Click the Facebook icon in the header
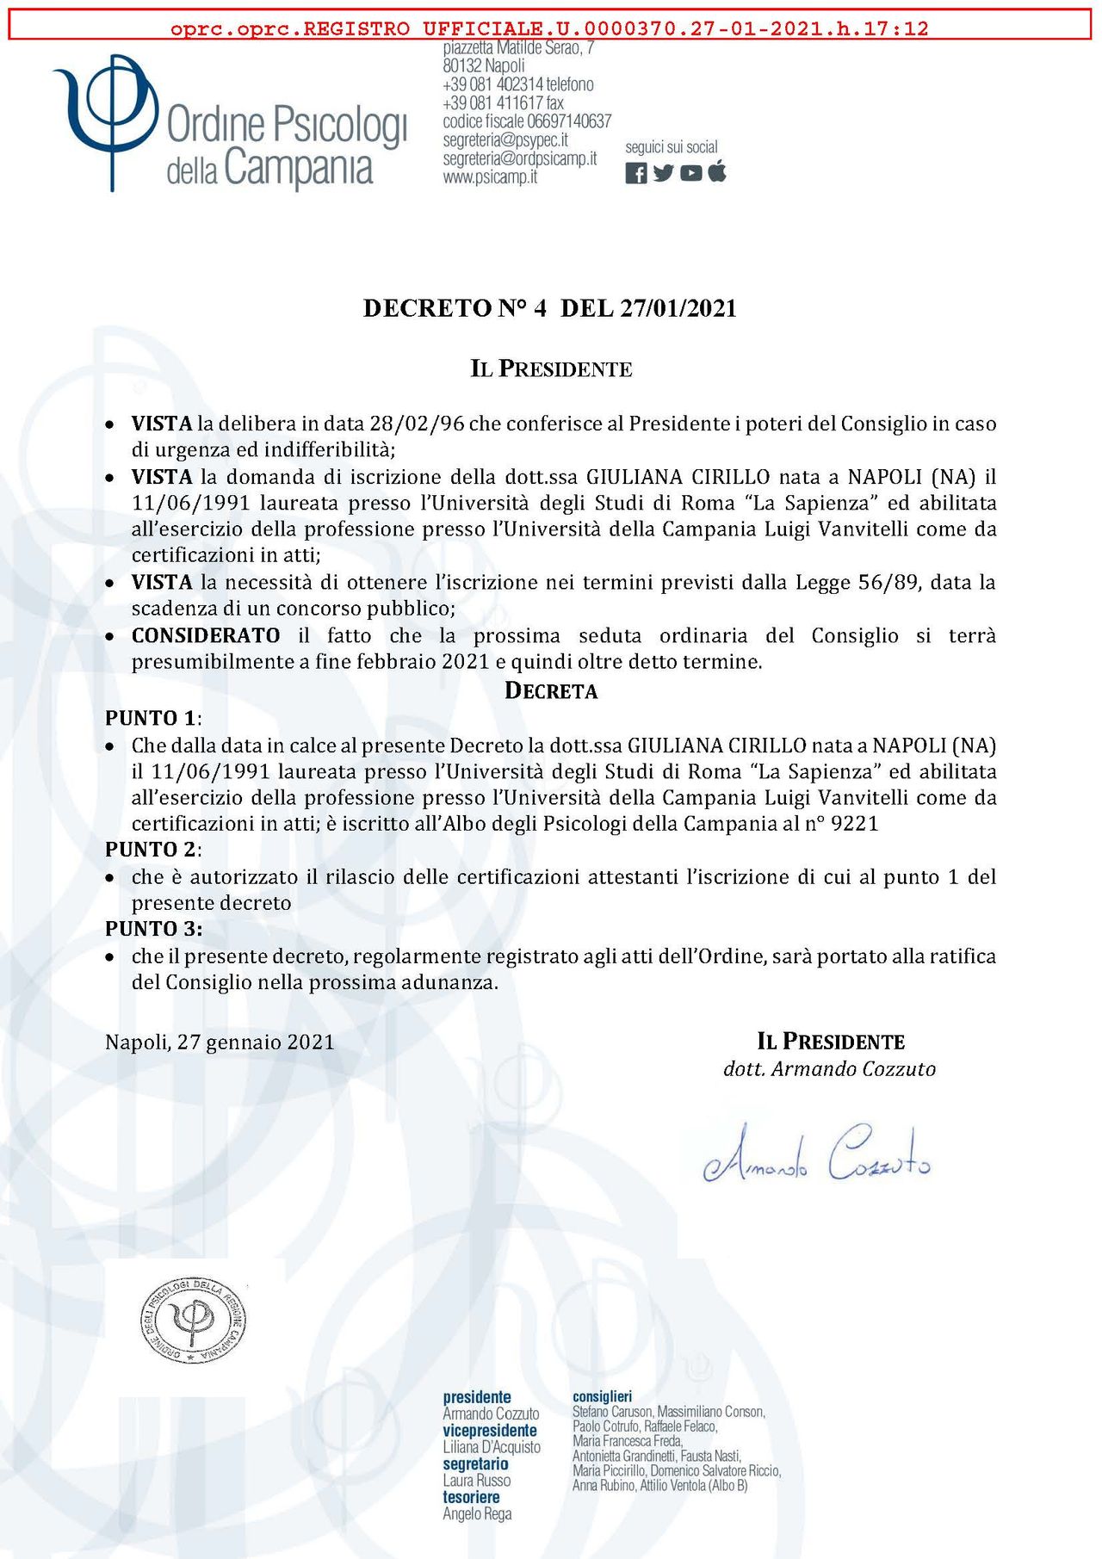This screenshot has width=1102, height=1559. tap(635, 173)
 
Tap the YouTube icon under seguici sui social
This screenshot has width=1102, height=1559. tap(690, 173)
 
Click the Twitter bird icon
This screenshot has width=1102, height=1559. tap(663, 173)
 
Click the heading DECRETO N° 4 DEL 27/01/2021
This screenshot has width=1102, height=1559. tap(549, 308)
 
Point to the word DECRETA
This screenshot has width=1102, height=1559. tap(551, 690)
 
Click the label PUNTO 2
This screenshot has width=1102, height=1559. tap(152, 849)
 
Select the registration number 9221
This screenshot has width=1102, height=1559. tap(855, 823)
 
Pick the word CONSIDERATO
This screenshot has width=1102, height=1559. tap(206, 635)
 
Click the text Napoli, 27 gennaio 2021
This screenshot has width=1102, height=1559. tap(220, 1042)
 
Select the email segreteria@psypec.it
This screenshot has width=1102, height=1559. tap(505, 139)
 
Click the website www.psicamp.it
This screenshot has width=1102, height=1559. tap(490, 177)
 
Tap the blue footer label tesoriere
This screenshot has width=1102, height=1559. tap(471, 1497)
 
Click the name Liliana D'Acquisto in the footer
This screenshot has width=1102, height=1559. tap(492, 1447)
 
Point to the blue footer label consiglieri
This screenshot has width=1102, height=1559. tap(602, 1396)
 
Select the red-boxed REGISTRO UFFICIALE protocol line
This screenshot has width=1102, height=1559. tap(549, 28)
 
